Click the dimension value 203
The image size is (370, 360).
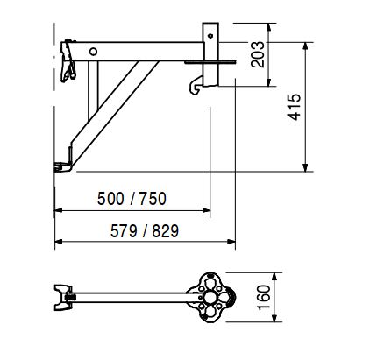258,54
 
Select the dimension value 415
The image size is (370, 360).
294,107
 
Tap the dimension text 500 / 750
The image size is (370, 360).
132,199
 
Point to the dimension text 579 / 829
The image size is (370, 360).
145,231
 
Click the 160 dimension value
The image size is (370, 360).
263,297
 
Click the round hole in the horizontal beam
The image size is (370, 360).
93,52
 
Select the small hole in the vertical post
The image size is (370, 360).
210,36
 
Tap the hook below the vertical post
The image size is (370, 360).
196,86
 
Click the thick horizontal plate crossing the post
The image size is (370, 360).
210,61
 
